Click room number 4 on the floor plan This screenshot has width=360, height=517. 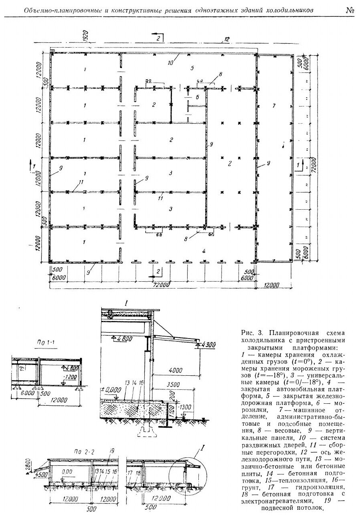(204, 251)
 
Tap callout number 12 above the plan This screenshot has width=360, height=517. (226, 38)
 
